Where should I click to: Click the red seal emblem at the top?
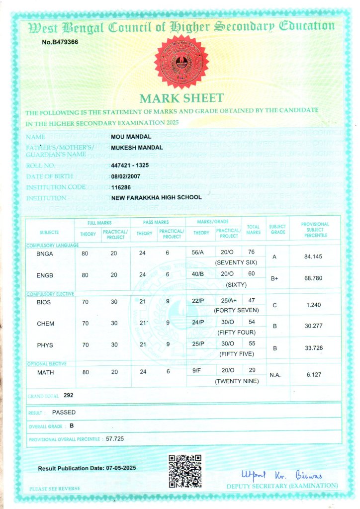[x=181, y=62]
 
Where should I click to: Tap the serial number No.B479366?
[x=60, y=42]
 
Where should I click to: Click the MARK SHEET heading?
[x=181, y=98]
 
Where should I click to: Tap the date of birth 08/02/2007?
[x=126, y=176]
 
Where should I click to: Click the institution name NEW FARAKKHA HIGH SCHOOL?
[x=157, y=197]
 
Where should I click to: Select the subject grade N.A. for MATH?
[x=275, y=375]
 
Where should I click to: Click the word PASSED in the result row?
[x=64, y=412]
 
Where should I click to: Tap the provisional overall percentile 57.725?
[x=115, y=439]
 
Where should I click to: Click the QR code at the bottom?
[x=184, y=470]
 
